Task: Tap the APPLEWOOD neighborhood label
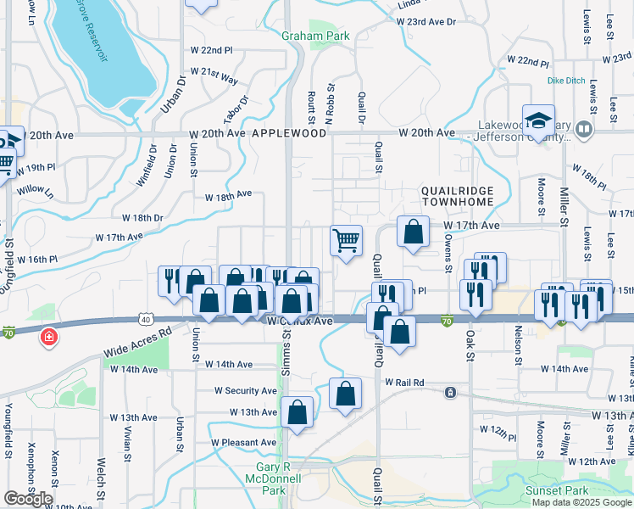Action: (289, 134)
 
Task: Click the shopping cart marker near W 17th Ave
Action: (346, 241)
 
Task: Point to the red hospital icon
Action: (49, 338)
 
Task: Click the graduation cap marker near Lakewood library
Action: (538, 120)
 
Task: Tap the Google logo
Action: (28, 498)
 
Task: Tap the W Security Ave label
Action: (246, 391)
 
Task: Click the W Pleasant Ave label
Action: (244, 443)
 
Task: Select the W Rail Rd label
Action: (403, 383)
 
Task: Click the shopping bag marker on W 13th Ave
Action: (298, 412)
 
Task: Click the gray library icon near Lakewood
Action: (583, 129)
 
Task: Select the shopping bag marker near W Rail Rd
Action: (345, 393)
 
